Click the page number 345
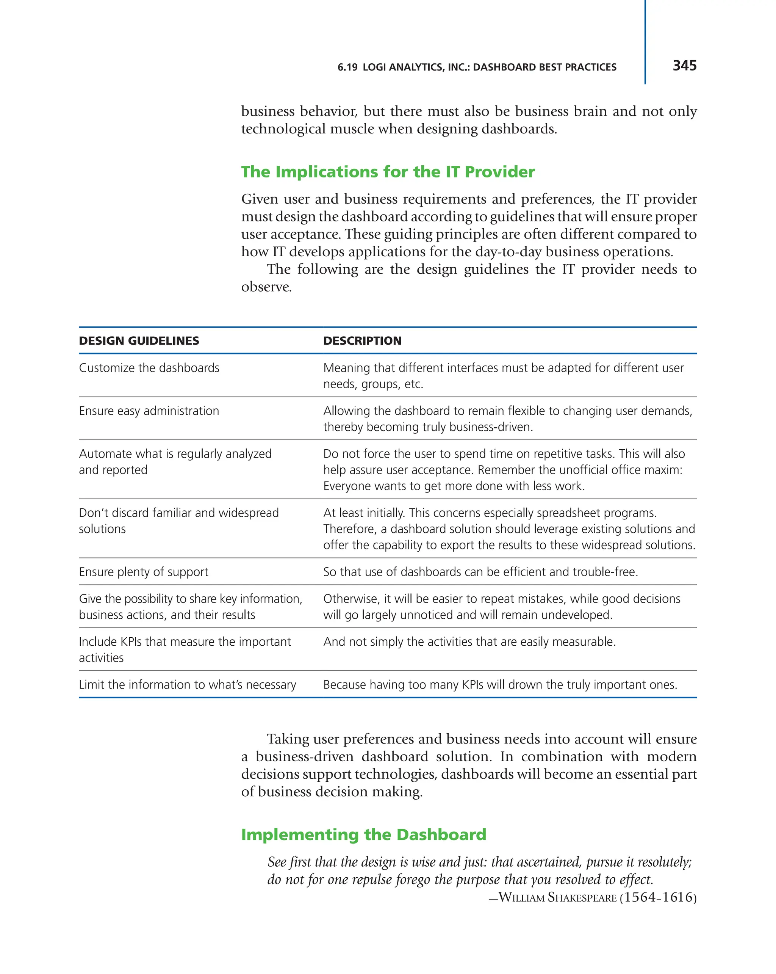point(684,66)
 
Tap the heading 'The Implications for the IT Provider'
point(388,172)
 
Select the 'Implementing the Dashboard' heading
point(363,834)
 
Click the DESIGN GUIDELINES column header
point(139,340)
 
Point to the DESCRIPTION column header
point(362,340)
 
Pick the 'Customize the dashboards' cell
point(149,368)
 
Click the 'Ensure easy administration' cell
point(149,411)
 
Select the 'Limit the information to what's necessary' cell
point(187,684)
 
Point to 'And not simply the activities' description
point(469,641)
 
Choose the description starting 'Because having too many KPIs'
point(500,684)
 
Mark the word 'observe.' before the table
point(266,287)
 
